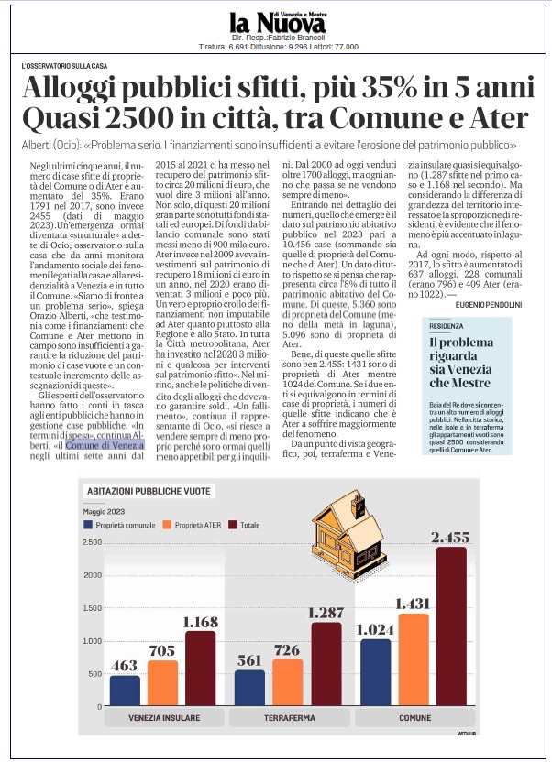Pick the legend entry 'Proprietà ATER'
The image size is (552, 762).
[194, 525]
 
